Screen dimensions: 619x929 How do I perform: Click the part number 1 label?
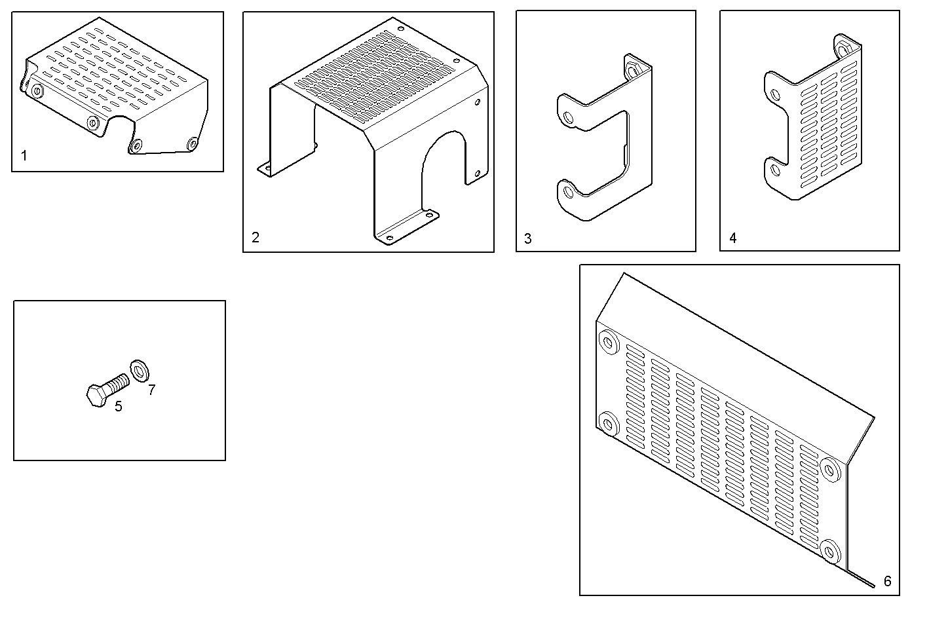(x=24, y=156)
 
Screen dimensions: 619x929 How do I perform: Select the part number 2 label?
(x=256, y=237)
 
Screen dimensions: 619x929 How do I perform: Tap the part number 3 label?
(x=528, y=238)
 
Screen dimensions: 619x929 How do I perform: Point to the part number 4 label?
(x=732, y=238)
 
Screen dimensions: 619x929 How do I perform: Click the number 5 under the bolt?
(x=118, y=407)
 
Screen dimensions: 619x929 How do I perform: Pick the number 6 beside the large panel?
(x=887, y=581)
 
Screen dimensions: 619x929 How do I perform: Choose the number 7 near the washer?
(x=151, y=390)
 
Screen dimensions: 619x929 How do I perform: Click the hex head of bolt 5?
(x=96, y=396)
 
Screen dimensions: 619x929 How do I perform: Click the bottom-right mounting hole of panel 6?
(x=830, y=551)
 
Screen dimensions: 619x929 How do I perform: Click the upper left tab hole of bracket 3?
(x=568, y=118)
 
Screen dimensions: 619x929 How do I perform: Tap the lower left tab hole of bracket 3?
(x=567, y=192)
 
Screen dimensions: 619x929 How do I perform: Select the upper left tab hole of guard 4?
(x=776, y=96)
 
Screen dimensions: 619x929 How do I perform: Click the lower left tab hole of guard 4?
(x=776, y=170)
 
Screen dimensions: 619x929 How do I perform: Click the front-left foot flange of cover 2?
(x=267, y=169)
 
